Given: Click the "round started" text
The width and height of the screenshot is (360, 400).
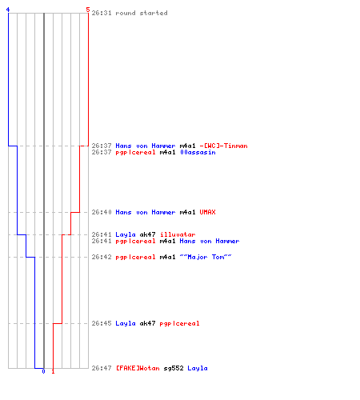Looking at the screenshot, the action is (x=142, y=13).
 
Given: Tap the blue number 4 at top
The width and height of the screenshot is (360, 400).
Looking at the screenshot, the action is (x=8, y=10).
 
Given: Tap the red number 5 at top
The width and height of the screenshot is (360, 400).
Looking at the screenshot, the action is (x=88, y=10).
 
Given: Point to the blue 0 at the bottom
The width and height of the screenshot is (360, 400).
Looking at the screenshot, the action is (x=43, y=371).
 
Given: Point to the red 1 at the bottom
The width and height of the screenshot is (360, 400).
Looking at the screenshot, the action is (x=53, y=371).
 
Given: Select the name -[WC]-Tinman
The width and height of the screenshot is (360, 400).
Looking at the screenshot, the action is (x=223, y=146).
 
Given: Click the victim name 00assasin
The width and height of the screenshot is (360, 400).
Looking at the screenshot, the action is (x=198, y=152).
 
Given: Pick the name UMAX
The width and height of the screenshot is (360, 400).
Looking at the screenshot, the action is (x=207, y=212).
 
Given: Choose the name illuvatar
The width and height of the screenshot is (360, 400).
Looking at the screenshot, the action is (x=178, y=234).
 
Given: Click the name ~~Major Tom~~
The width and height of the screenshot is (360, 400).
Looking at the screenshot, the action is (x=206, y=257).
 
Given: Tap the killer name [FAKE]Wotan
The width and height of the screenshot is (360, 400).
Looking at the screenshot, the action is (x=138, y=368).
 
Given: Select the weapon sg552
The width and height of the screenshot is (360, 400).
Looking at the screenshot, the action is (x=174, y=368).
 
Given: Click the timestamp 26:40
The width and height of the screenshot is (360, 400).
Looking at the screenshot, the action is (x=102, y=212).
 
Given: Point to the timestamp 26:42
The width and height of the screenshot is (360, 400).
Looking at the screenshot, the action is (x=102, y=257).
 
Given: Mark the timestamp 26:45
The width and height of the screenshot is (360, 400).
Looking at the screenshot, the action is (x=102, y=323).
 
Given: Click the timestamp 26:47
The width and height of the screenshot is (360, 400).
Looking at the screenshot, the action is (x=102, y=368).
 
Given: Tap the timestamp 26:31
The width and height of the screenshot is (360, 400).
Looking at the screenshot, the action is (x=102, y=13).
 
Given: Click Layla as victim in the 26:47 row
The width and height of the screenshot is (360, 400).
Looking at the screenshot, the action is (x=198, y=368).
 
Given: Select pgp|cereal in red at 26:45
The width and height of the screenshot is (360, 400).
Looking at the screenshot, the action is (x=179, y=323).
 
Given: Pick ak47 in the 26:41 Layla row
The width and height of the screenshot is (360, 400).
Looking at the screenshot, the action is (x=147, y=234).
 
